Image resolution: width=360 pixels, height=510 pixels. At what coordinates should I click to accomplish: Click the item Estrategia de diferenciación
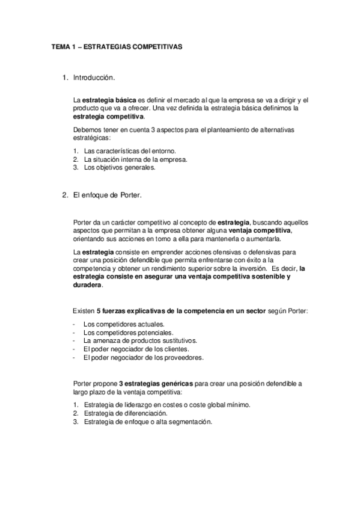126,413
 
